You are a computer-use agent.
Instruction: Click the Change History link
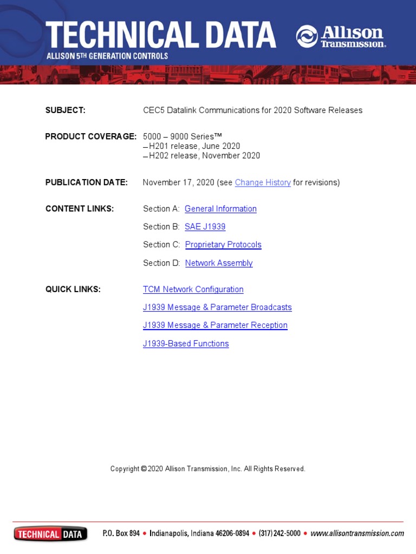[x=263, y=182]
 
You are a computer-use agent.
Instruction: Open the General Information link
[x=220, y=209]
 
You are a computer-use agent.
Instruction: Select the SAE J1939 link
[x=205, y=227]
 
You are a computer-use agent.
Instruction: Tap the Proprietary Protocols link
[x=223, y=245]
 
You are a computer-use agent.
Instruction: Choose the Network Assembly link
[x=219, y=263]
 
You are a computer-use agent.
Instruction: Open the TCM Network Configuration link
[x=193, y=289]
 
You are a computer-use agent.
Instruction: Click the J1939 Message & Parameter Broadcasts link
[x=217, y=307]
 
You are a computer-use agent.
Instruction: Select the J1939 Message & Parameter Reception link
[x=215, y=325]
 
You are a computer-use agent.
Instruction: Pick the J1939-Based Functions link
[x=186, y=344]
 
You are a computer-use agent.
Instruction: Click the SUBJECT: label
[x=65, y=110]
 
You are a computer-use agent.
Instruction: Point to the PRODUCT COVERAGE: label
[x=90, y=136]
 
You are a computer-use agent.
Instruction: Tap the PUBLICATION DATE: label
[x=86, y=182]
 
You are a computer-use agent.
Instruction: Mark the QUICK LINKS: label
[x=73, y=289]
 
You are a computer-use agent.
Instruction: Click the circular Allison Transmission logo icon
[x=307, y=36]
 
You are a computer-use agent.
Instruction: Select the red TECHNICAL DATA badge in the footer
[x=50, y=534]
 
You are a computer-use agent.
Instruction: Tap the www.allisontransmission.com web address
[x=357, y=533]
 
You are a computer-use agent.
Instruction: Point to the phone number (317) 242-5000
[x=279, y=533]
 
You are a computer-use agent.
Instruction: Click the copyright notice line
[x=207, y=469]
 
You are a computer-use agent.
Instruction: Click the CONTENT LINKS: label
[x=79, y=209]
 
